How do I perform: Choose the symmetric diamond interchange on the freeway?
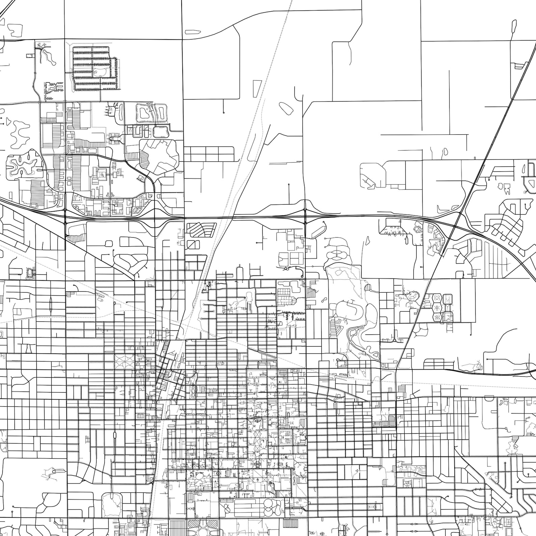(305, 216)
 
